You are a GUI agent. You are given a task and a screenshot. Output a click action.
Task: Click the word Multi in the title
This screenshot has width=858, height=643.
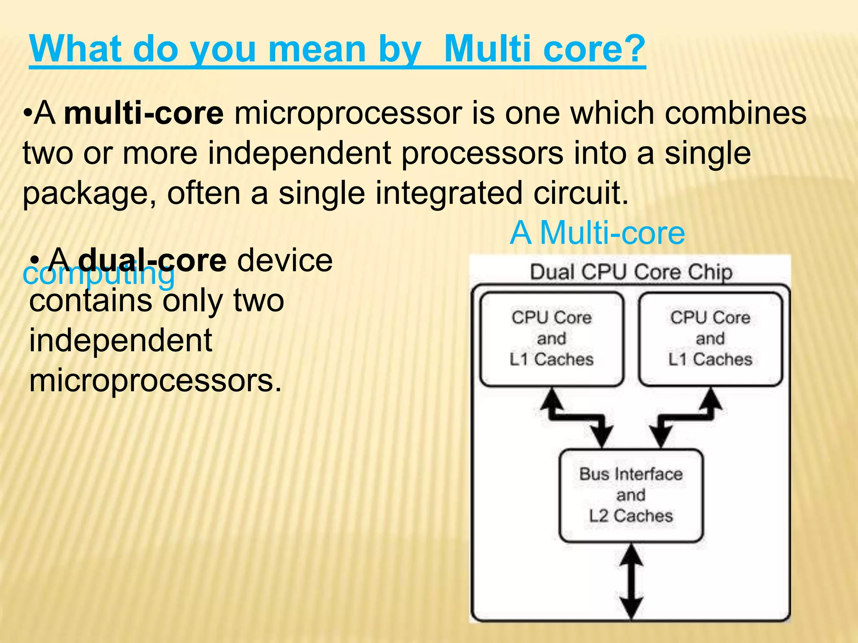click(x=487, y=49)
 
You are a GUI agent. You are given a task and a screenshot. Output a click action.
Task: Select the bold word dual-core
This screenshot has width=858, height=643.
click(x=152, y=260)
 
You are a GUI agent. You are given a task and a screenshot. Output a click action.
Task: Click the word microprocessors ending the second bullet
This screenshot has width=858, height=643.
click(x=155, y=381)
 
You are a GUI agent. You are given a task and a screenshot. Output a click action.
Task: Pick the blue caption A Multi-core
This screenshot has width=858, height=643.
click(x=597, y=233)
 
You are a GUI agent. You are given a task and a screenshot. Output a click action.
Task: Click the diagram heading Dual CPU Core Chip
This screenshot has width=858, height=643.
click(x=631, y=272)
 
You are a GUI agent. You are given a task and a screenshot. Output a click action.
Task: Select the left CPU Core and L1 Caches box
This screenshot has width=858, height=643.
click(x=551, y=339)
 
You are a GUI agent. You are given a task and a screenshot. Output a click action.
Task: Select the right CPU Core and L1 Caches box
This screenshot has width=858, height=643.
click(x=710, y=339)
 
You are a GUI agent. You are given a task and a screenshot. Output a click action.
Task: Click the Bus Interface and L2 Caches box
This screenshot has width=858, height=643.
click(x=631, y=495)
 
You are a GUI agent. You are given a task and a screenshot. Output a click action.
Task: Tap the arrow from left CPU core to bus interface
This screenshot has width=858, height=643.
click(x=578, y=417)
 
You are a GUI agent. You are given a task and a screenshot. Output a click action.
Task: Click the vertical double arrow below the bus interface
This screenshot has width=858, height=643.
click(x=631, y=582)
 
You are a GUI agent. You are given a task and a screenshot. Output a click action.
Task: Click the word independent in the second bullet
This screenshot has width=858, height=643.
click(x=121, y=340)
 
